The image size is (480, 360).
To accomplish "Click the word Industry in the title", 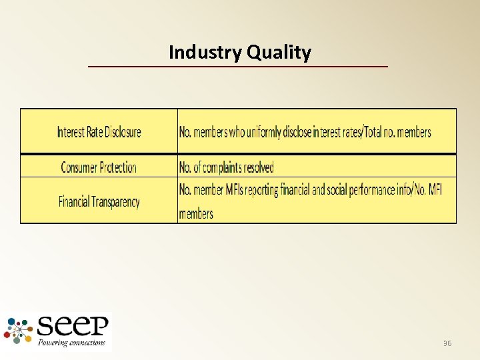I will [x=206, y=52].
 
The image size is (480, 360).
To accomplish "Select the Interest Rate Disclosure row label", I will [x=99, y=132].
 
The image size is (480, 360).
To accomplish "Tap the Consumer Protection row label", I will [x=99, y=167].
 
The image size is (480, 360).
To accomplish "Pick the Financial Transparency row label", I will [x=99, y=201].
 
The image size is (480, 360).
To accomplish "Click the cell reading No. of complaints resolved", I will [x=227, y=167].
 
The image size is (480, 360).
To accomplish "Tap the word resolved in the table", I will [x=259, y=167].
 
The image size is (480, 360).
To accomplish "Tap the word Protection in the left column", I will [x=113, y=167].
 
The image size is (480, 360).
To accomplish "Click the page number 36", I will [x=447, y=343].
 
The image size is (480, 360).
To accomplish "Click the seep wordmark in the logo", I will [x=73, y=327].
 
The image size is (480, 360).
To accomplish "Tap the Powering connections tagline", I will [x=71, y=343].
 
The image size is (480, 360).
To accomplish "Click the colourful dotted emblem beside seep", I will [x=19, y=331].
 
